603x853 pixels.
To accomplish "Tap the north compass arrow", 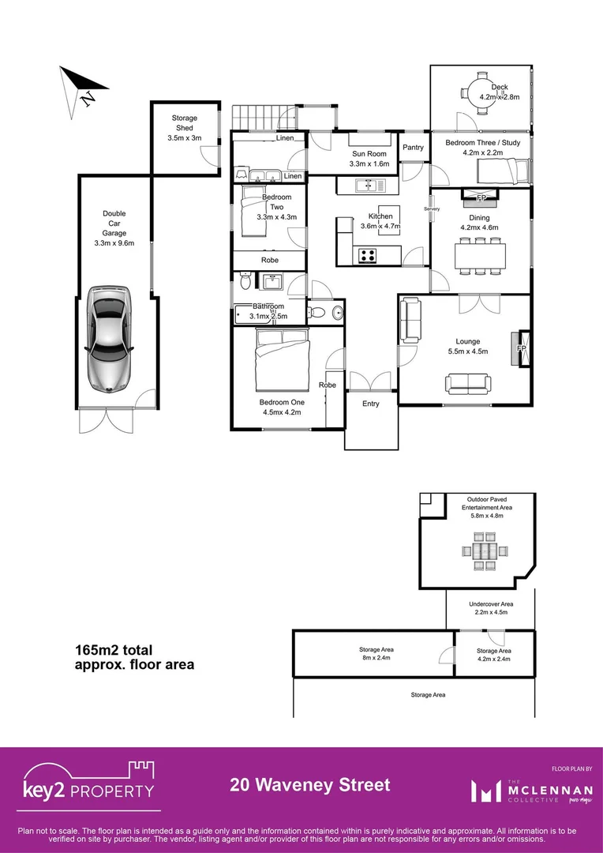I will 79,87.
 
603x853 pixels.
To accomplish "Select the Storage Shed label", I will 185,128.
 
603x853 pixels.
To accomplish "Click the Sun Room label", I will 370,159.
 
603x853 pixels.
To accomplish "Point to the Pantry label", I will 413,148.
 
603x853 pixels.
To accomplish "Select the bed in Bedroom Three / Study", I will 510,168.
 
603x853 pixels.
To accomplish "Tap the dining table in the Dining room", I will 480,255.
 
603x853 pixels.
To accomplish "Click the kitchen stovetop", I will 368,254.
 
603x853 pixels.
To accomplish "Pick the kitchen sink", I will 368,186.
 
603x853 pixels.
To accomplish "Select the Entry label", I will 371,404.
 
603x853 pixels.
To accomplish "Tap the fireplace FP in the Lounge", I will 521,348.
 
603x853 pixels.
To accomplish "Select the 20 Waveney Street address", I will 310,785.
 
